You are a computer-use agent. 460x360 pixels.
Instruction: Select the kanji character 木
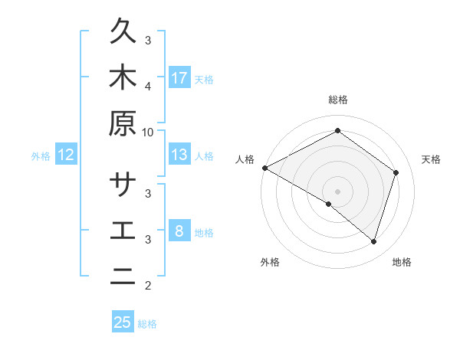[x=123, y=78]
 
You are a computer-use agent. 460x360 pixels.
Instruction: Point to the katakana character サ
[x=123, y=187]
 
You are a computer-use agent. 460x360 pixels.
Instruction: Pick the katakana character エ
[x=123, y=232]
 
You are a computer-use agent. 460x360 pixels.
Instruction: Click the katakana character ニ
[x=123, y=277]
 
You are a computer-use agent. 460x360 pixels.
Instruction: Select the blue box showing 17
[x=179, y=78]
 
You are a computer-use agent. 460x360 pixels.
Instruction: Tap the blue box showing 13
[x=179, y=155]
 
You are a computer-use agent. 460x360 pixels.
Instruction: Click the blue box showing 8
[x=179, y=232]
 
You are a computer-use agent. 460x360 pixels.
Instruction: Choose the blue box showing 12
[x=66, y=155]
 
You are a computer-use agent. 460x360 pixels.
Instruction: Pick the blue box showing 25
[x=123, y=322]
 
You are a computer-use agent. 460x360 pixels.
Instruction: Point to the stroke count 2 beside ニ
[x=148, y=286]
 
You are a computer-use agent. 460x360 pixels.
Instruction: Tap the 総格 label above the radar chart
[x=338, y=100]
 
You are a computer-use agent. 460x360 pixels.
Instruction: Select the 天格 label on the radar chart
[x=432, y=159]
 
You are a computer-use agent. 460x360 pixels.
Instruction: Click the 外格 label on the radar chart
[x=270, y=263]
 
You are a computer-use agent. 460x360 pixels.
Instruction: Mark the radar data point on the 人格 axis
[x=264, y=168]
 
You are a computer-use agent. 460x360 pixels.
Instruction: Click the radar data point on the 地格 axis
[x=373, y=241]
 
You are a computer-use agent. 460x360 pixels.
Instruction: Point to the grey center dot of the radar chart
[x=338, y=191]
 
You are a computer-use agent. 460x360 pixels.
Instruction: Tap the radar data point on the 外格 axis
[x=329, y=205]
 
